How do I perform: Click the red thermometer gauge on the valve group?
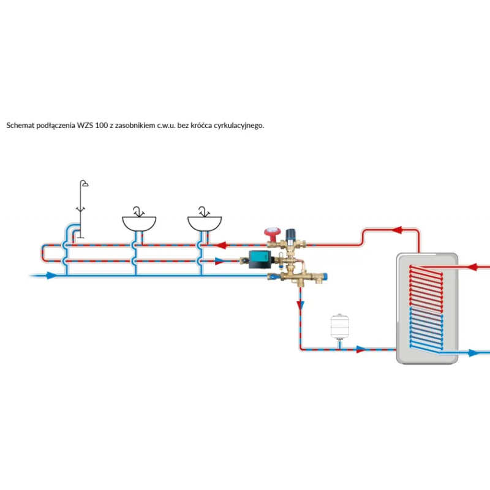pos(271,233)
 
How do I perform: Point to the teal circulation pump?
pos(258,260)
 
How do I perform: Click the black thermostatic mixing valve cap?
pos(292,234)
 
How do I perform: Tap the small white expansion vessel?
pos(339,326)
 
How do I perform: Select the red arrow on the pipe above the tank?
pos(397,230)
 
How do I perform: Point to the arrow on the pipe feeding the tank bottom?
pos(361,350)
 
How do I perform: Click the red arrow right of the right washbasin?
pos(222,245)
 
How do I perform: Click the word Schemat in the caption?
pos(20,125)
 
